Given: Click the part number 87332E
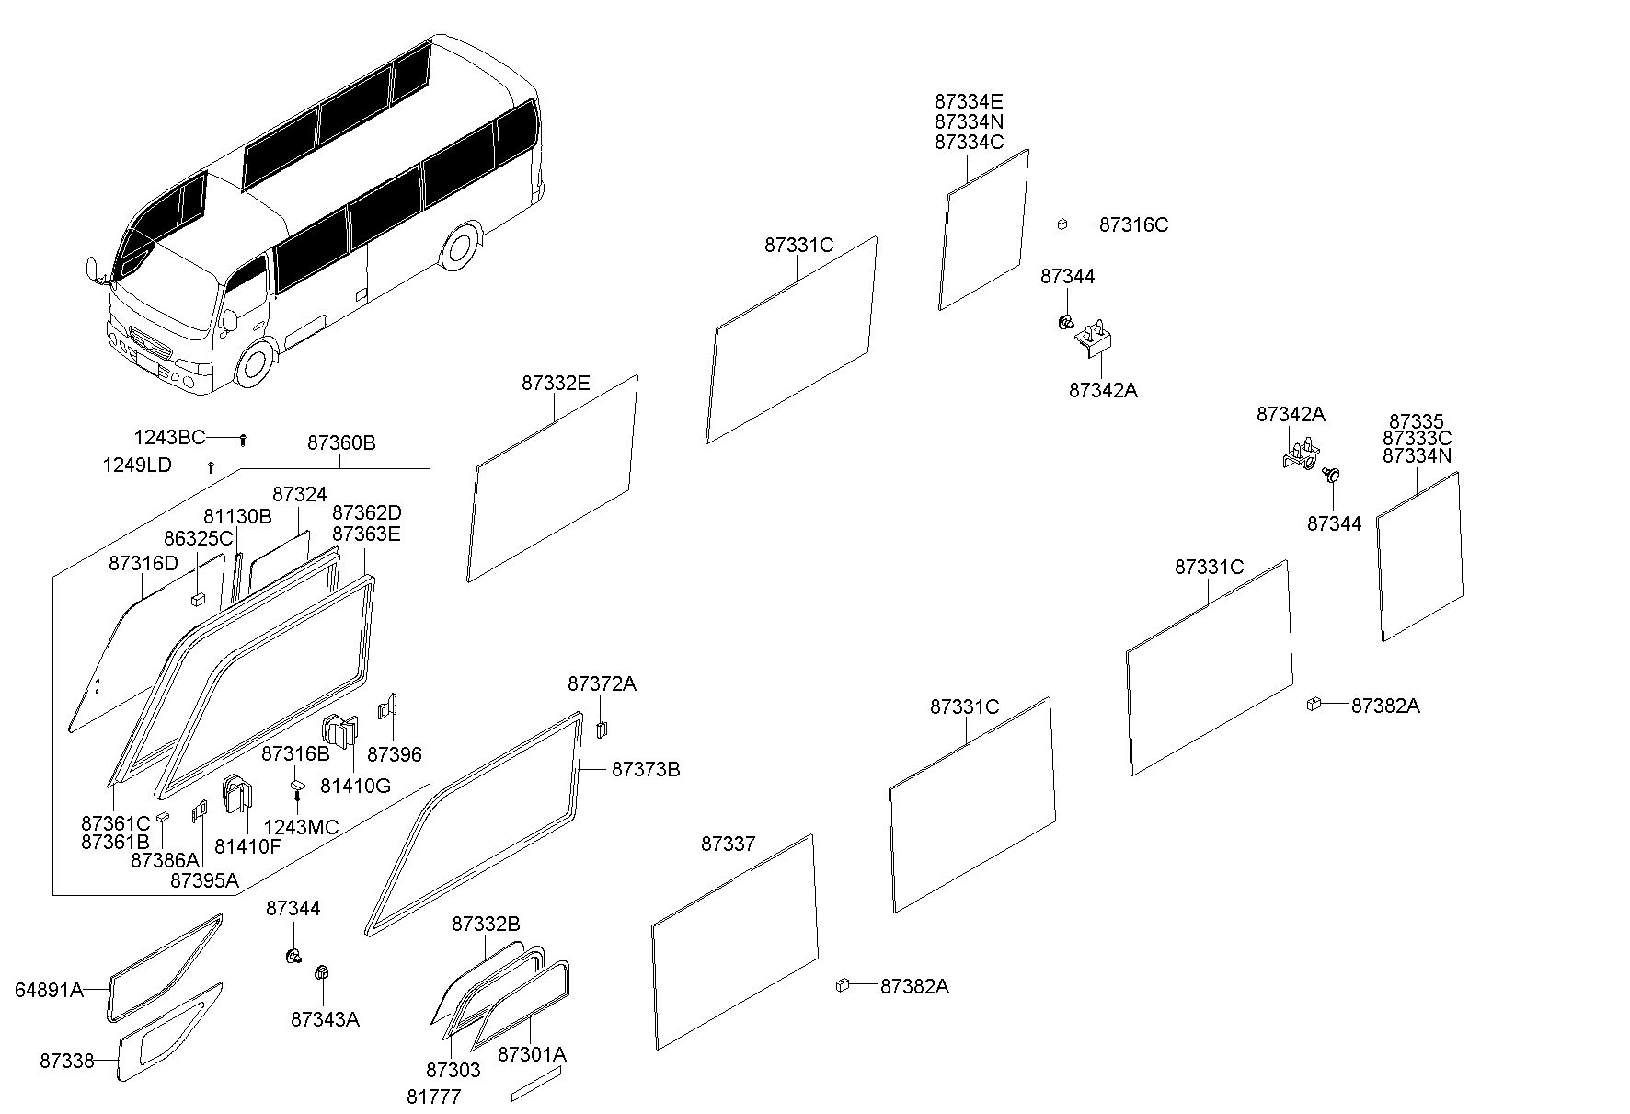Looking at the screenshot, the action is point(556,384).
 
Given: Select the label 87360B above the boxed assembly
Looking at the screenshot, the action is point(341,442).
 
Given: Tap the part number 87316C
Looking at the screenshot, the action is point(1134,225).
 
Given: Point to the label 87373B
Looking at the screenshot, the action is point(646,769).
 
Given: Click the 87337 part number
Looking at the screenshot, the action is point(729,844).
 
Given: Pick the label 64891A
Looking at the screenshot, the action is point(49,990).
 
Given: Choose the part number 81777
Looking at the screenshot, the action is point(433,1097).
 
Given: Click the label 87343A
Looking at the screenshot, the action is point(325,1019).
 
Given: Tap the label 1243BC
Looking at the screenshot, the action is point(169,438).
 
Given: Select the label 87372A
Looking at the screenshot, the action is point(602,684).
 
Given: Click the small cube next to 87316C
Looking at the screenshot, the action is point(1062,224).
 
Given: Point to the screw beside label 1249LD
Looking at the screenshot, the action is point(211,466).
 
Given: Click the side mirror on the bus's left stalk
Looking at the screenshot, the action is point(92,270).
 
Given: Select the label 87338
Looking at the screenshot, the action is point(66,1061).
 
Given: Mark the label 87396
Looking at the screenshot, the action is point(395,754).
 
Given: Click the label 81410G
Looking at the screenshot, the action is point(355,786).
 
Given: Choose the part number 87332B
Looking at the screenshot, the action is point(486,924).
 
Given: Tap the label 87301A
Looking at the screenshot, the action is point(532,1054).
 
